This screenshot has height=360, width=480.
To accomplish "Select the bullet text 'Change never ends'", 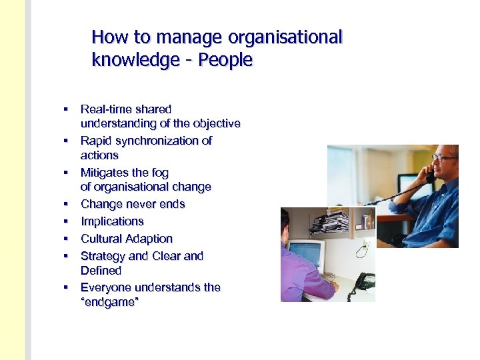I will pyautogui.click(x=133, y=204).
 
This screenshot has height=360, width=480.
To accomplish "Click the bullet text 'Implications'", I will pyautogui.click(x=112, y=221).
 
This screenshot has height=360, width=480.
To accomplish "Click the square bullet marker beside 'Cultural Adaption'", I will pyautogui.click(x=67, y=238).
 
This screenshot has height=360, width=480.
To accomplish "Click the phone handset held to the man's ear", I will pyautogui.click(x=431, y=175).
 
